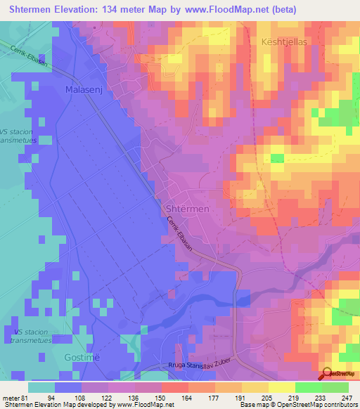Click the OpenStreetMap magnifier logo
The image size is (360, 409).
click(x=326, y=374)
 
